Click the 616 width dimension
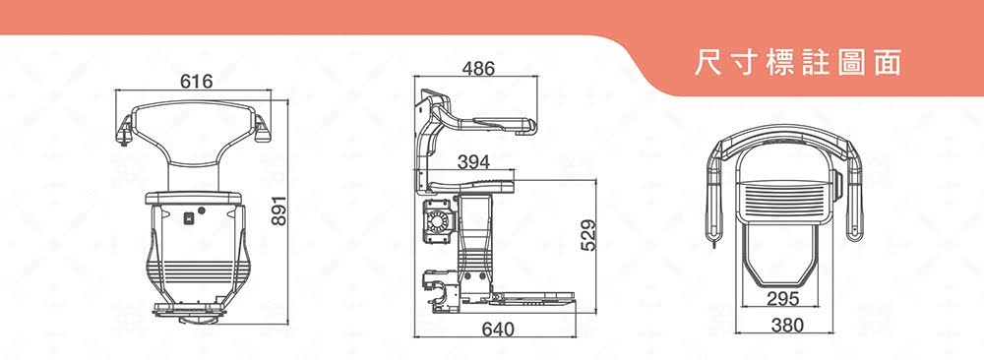coord(197,82)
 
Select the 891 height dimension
coord(279,210)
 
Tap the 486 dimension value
coord(478,69)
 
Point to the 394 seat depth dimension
coord(474,162)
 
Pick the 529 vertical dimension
coord(588,234)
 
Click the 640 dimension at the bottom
coord(498,329)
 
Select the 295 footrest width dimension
coord(783,299)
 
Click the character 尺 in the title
coord(707,63)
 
